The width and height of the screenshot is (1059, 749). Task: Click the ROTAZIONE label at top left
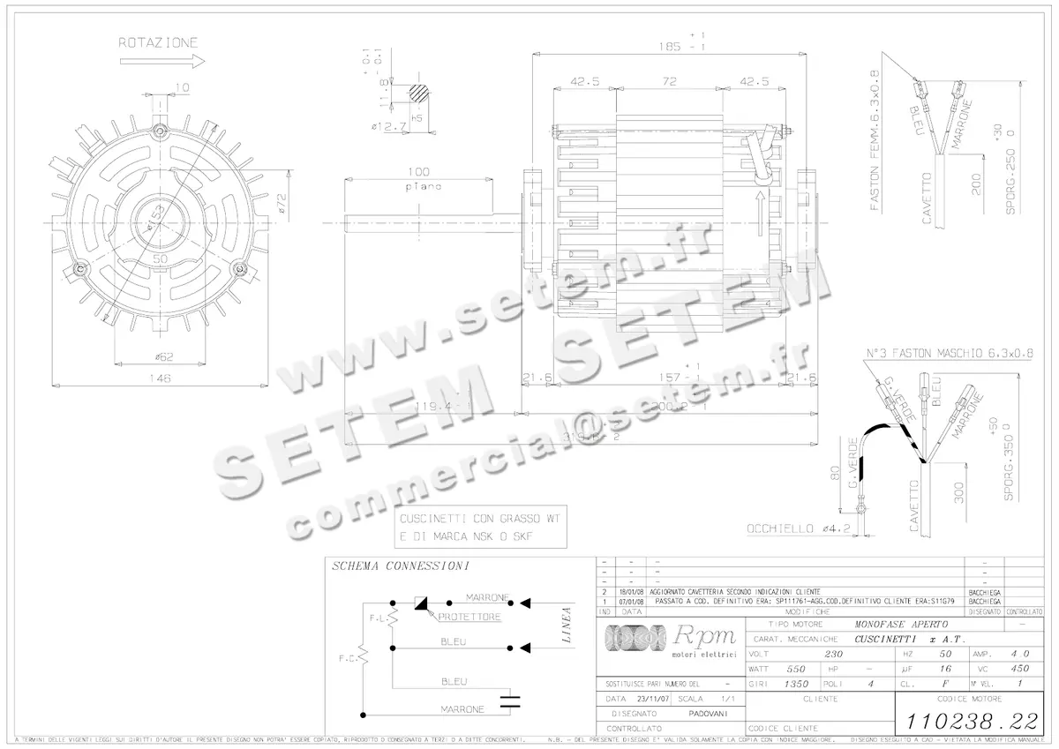tap(158, 42)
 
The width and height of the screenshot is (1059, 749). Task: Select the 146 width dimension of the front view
tap(160, 377)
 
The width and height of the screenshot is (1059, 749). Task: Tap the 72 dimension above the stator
tap(669, 81)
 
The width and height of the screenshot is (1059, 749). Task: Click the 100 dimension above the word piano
tap(418, 171)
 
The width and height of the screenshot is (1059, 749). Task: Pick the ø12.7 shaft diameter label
tap(389, 127)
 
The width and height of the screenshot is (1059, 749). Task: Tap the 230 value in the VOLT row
tap(832, 655)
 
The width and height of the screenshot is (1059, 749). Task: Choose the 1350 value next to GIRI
tap(797, 684)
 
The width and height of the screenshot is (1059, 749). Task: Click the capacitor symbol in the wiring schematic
tap(509, 702)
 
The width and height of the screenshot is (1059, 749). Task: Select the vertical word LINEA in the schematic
tap(566, 625)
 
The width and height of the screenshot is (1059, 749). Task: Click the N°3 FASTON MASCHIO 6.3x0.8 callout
tap(950, 352)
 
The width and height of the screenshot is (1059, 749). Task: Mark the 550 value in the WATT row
tap(797, 670)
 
